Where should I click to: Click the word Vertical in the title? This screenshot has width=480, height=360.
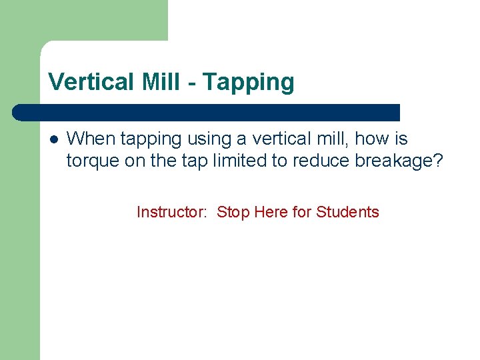91,82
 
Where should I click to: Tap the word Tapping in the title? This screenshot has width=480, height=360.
248,82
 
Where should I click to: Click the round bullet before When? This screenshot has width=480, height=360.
54,140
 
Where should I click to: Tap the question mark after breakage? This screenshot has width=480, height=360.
437,161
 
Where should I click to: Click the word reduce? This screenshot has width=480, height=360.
312,161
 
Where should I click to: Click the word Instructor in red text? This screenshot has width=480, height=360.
170,212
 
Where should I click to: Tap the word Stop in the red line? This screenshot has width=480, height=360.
232,212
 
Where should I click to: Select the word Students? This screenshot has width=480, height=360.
347,212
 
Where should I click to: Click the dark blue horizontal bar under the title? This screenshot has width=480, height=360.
207,112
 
